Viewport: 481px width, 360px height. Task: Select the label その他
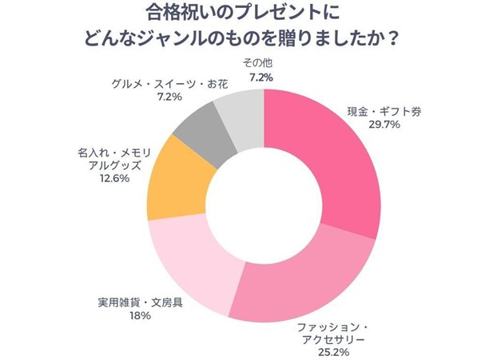click(x=255, y=63)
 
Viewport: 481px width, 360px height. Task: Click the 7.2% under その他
click(x=260, y=77)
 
